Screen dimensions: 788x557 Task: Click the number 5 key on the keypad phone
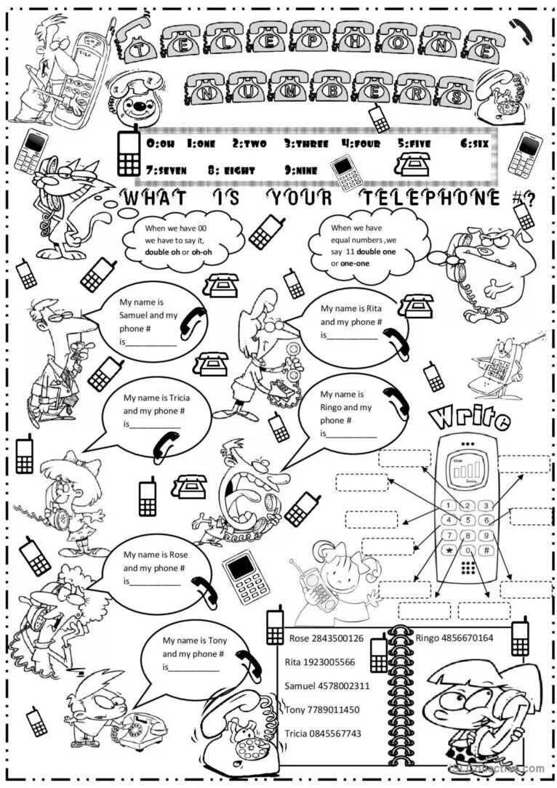[x=468, y=520]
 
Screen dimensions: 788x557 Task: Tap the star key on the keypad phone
[x=450, y=550]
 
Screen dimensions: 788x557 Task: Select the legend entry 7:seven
[x=167, y=170]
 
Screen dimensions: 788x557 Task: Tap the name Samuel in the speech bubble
[x=135, y=315]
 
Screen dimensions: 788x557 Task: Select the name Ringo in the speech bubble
[x=332, y=407]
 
